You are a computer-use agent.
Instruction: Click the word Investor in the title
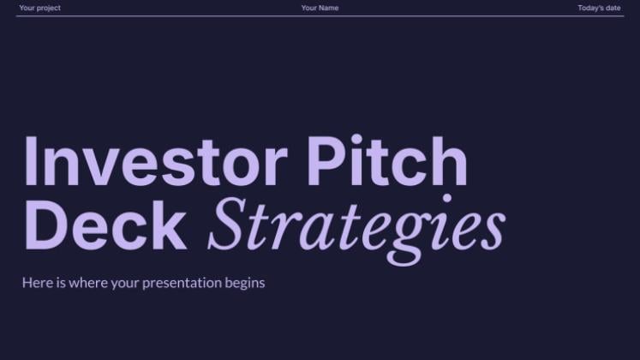coord(156,161)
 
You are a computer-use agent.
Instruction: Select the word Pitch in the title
coord(387,160)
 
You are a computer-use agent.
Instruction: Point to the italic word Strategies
coord(356,230)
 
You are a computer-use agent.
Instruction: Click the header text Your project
coord(39,8)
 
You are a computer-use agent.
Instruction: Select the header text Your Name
coord(320,8)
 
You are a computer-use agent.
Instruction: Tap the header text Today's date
coord(599,8)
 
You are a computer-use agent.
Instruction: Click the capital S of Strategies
coord(228,224)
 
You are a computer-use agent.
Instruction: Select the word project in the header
coord(49,9)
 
